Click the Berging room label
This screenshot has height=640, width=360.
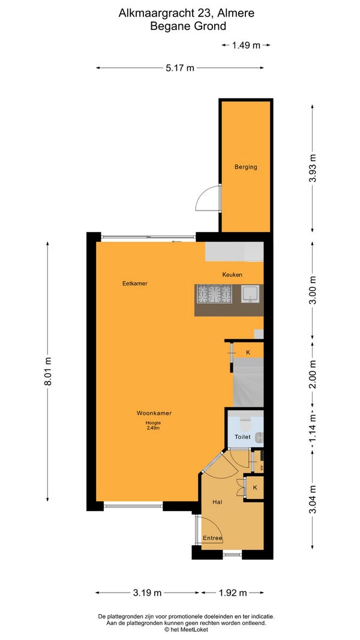pos(246,167)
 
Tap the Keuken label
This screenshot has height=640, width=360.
pos(232,274)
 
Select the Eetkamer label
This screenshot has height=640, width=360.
pos(134,283)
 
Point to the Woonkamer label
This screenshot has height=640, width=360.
pos(154,413)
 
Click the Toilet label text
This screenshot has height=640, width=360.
pos(242,437)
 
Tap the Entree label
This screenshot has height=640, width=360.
pos(212,539)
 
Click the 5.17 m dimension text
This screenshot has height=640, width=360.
pos(180,68)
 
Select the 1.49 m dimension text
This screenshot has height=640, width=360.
pos(246,46)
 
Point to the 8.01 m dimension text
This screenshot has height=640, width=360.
pos(48,371)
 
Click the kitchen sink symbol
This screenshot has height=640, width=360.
pos(250,294)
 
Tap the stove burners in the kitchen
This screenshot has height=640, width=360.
pos(214,294)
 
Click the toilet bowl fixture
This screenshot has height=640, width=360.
pos(245,425)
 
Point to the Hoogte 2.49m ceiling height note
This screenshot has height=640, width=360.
pos(154,426)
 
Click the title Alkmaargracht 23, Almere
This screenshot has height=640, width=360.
pos(187,13)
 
